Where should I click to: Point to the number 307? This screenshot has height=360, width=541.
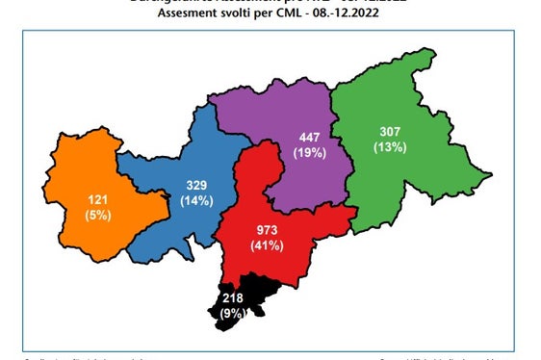pyautogui.click(x=390, y=132)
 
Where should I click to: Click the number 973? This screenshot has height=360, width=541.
pyautogui.click(x=268, y=231)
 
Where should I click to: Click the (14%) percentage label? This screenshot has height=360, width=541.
pyautogui.click(x=197, y=200)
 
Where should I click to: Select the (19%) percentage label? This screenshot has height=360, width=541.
pyautogui.click(x=311, y=151)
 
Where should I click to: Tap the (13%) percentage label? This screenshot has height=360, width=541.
pyautogui.click(x=390, y=147)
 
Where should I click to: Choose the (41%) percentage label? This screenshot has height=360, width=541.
pyautogui.click(x=268, y=246)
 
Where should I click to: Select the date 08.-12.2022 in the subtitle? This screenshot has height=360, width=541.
pyautogui.click(x=355, y=16)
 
